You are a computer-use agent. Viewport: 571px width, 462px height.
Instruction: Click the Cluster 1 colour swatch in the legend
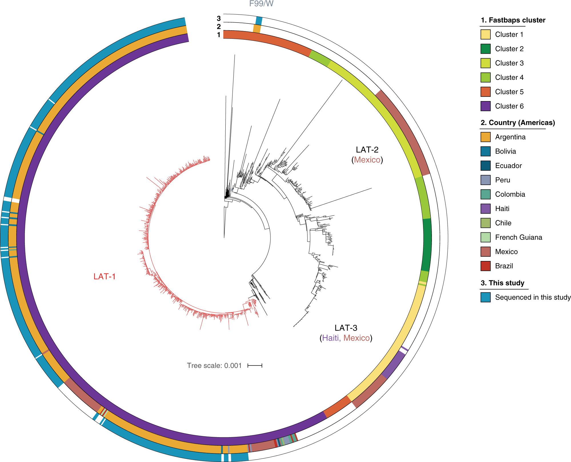click(485, 35)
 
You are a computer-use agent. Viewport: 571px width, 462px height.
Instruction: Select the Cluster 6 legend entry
click(509, 106)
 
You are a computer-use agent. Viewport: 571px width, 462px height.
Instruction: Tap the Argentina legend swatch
click(485, 137)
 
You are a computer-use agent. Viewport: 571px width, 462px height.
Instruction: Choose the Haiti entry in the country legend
click(502, 209)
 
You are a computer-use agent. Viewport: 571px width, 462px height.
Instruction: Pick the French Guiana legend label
click(518, 237)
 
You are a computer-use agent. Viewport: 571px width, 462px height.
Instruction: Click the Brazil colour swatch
click(485, 266)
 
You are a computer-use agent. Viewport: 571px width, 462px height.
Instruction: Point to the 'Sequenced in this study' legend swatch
click(485, 297)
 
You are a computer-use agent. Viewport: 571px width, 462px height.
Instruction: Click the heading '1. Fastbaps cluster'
click(513, 20)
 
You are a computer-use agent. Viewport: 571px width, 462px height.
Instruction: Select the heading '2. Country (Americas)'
click(517, 123)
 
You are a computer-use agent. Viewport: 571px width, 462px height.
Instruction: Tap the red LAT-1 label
click(105, 276)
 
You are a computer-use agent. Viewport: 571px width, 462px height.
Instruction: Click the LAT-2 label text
click(367, 150)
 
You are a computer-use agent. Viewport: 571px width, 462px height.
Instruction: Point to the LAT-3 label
click(346, 328)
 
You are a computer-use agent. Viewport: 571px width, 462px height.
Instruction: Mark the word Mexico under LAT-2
click(367, 160)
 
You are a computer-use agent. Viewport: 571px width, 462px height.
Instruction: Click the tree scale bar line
click(255, 365)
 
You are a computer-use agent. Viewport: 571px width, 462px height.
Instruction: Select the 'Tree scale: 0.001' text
click(214, 365)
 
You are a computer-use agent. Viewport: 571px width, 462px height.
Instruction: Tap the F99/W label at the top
click(261, 4)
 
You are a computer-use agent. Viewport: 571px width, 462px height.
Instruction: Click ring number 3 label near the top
click(219, 19)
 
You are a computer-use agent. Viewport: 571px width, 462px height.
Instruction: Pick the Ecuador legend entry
click(508, 166)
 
